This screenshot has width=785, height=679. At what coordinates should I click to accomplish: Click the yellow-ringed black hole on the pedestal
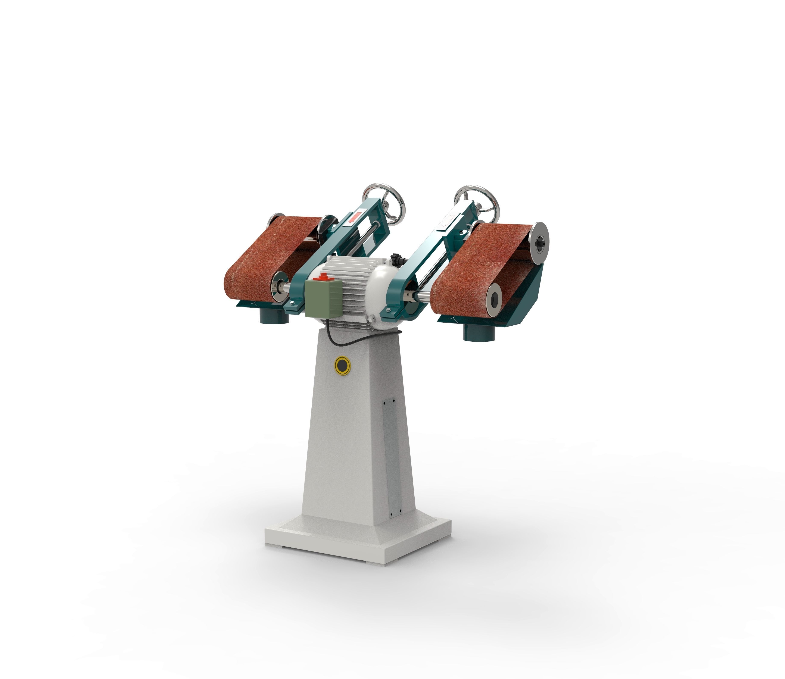pos(342,366)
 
